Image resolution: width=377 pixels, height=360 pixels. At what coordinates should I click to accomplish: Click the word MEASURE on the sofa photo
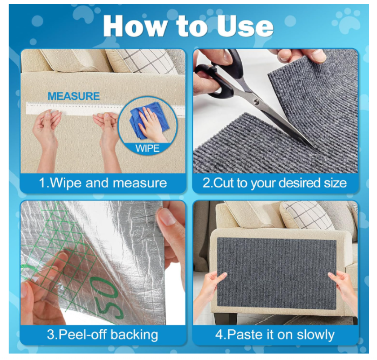[x=74, y=96]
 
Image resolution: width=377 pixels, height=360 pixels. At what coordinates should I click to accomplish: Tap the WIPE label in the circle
[x=147, y=148]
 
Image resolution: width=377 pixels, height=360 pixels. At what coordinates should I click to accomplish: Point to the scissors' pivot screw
[x=257, y=102]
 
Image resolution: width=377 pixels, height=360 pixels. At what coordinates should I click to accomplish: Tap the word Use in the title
[x=245, y=26]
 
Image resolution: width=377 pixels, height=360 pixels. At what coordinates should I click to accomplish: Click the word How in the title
[x=135, y=26]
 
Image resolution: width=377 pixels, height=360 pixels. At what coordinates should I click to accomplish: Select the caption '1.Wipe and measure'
[x=103, y=183]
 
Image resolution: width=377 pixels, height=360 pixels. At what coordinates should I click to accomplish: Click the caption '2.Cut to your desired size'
[x=274, y=183]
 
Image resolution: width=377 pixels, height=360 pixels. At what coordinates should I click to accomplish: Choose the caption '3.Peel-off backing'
[x=103, y=335]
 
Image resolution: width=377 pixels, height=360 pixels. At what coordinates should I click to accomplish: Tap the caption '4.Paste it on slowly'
[x=275, y=335]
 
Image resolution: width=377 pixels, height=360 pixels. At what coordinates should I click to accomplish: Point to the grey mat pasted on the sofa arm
[x=276, y=272]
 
